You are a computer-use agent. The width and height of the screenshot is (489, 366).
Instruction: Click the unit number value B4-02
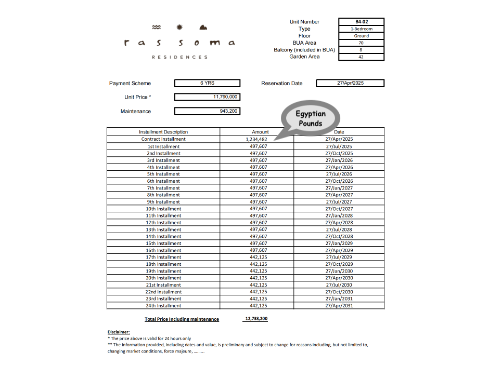pos(361,22)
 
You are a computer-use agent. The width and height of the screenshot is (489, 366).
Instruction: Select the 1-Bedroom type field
pos(361,29)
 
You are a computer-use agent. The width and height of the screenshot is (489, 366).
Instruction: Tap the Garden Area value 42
pos(361,57)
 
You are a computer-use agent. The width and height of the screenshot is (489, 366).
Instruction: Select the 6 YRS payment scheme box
pos(207,83)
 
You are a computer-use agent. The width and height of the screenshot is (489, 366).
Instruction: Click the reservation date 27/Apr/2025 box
pos(350,83)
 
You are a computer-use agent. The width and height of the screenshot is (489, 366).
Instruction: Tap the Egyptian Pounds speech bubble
pos(311,119)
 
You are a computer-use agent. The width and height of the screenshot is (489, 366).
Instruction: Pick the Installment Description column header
pos(163,132)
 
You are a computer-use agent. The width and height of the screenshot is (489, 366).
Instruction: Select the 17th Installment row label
pos(163,257)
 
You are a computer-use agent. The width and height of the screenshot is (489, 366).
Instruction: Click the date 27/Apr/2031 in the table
pos(339,306)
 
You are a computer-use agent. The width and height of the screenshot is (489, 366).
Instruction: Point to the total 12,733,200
pos(255,319)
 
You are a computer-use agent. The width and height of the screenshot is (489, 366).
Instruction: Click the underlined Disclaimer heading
pos(119,332)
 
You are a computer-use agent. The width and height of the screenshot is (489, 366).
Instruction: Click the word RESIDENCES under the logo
pos(179,57)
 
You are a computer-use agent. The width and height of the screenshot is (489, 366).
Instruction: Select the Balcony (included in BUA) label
pos(304,50)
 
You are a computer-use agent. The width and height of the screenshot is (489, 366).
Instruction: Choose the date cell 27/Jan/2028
pos(339,215)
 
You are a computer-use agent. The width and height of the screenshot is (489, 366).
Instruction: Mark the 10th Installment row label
pos(163,209)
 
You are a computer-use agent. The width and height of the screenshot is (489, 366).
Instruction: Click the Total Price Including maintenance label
pos(182,319)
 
